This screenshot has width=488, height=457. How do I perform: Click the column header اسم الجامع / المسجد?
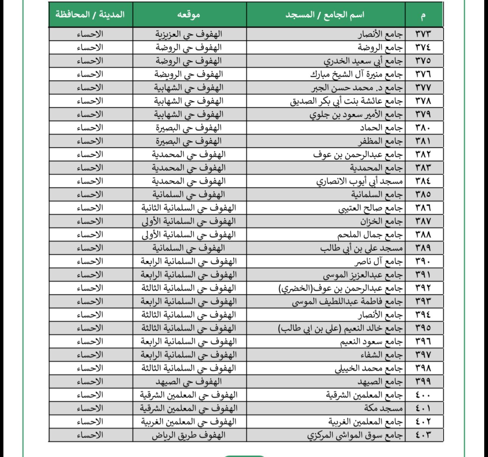click(325, 15)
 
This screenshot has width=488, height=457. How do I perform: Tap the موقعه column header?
click(189, 15)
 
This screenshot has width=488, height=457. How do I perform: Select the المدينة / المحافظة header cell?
click(90, 15)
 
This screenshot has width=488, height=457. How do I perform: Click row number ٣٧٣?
click(423, 34)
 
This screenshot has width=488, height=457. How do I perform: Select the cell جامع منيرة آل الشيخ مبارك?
click(357, 74)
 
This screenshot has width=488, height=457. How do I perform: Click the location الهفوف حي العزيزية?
click(189, 34)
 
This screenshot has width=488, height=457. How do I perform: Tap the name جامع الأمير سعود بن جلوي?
click(356, 114)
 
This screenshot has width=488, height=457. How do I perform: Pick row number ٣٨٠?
click(423, 128)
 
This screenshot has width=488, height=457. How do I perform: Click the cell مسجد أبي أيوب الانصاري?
click(360, 181)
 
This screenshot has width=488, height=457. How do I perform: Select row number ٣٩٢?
click(423, 288)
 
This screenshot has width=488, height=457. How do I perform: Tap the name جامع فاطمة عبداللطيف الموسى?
click(348, 302)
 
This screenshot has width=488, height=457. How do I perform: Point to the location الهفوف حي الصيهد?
click(189, 381)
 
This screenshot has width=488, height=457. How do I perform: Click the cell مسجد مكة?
click(384, 408)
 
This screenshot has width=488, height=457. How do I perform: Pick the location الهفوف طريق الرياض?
click(189, 435)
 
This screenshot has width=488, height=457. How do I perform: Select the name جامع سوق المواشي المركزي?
click(355, 435)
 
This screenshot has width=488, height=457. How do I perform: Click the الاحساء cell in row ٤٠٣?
click(90, 435)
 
